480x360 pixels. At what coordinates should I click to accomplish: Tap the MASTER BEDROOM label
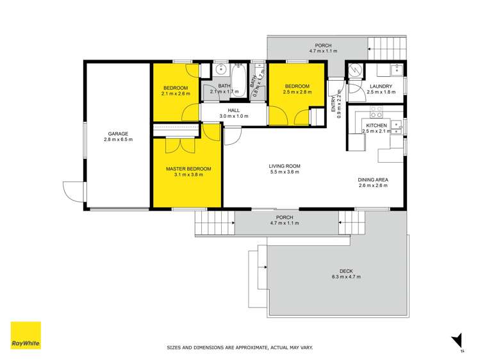[188, 169]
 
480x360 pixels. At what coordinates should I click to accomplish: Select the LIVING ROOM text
[285, 167]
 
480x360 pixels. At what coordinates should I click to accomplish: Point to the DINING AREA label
[372, 179]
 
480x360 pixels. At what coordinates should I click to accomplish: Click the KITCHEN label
[376, 125]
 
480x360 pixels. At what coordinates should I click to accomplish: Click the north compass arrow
[456, 340]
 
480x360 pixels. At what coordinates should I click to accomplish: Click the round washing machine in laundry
[356, 72]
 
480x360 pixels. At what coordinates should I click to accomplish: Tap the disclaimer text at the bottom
[240, 348]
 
